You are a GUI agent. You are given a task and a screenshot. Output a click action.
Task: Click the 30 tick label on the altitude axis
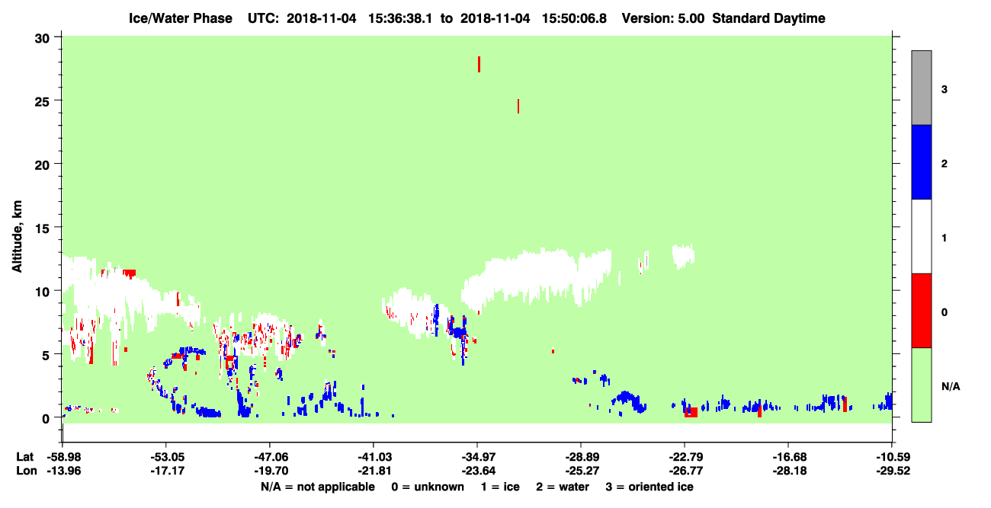[x=42, y=39]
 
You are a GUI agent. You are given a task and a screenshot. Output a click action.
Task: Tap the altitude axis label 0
[x=46, y=418]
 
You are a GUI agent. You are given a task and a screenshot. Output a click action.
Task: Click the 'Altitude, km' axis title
[x=17, y=236]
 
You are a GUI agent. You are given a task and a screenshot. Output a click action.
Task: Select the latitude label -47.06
[x=271, y=457]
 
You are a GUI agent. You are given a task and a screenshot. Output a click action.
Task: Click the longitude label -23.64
[x=478, y=471]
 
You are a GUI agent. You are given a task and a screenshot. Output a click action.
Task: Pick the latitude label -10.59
[x=893, y=457]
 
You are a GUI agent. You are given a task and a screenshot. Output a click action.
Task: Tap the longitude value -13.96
[x=64, y=471]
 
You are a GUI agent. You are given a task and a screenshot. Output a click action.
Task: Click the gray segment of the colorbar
[x=921, y=88]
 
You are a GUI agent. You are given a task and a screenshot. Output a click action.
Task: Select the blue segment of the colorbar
[x=921, y=161]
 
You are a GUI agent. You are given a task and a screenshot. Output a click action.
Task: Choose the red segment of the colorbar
[x=921, y=311]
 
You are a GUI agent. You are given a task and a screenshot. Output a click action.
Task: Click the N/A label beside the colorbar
[x=951, y=386]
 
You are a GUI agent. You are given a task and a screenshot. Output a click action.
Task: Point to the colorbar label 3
[x=944, y=89]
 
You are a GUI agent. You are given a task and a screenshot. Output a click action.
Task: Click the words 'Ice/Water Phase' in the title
[x=181, y=18]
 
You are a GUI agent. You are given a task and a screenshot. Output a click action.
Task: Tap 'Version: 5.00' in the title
[x=662, y=18]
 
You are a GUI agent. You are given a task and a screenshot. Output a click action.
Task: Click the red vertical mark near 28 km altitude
[x=479, y=64]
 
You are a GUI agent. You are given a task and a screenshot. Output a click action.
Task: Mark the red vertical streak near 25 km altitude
[x=518, y=106]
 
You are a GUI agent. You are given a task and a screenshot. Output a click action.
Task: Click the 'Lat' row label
[x=24, y=457]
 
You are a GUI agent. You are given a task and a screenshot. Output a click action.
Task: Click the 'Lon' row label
[x=27, y=471]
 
